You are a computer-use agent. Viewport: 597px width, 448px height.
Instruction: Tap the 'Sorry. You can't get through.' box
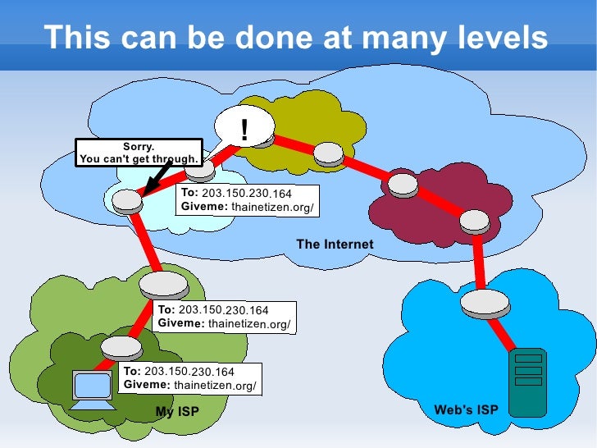click(139, 153)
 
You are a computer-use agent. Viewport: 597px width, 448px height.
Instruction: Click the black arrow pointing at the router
click(157, 176)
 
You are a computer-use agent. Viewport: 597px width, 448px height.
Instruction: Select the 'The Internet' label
click(335, 244)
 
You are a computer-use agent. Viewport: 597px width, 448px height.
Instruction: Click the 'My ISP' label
click(177, 410)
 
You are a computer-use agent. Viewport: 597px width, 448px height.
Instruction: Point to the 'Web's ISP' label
click(465, 409)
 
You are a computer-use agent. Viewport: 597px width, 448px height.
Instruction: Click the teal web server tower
click(528, 382)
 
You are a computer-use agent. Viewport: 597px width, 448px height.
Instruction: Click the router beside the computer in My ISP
click(121, 346)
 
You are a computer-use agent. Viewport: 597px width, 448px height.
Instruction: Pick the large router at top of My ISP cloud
click(164, 285)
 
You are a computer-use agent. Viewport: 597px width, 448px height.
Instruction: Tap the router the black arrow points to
click(127, 200)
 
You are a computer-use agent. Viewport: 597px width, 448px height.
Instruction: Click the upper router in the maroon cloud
click(403, 184)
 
